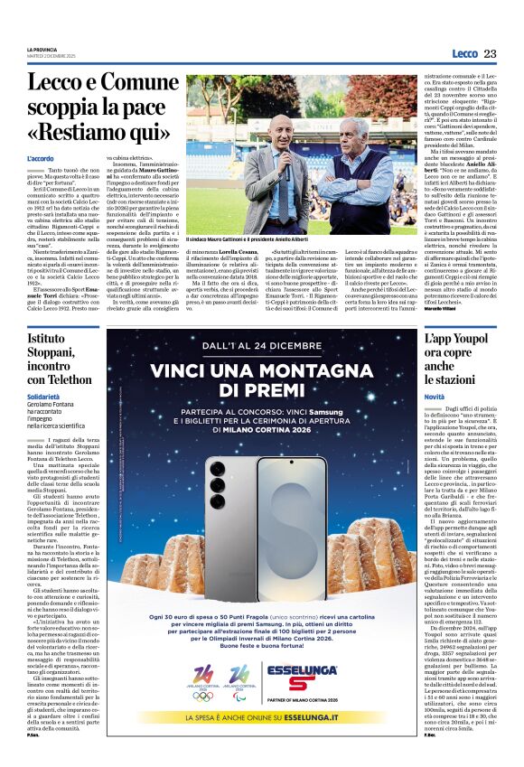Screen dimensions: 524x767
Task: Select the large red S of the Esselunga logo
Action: click(x=304, y=677)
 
